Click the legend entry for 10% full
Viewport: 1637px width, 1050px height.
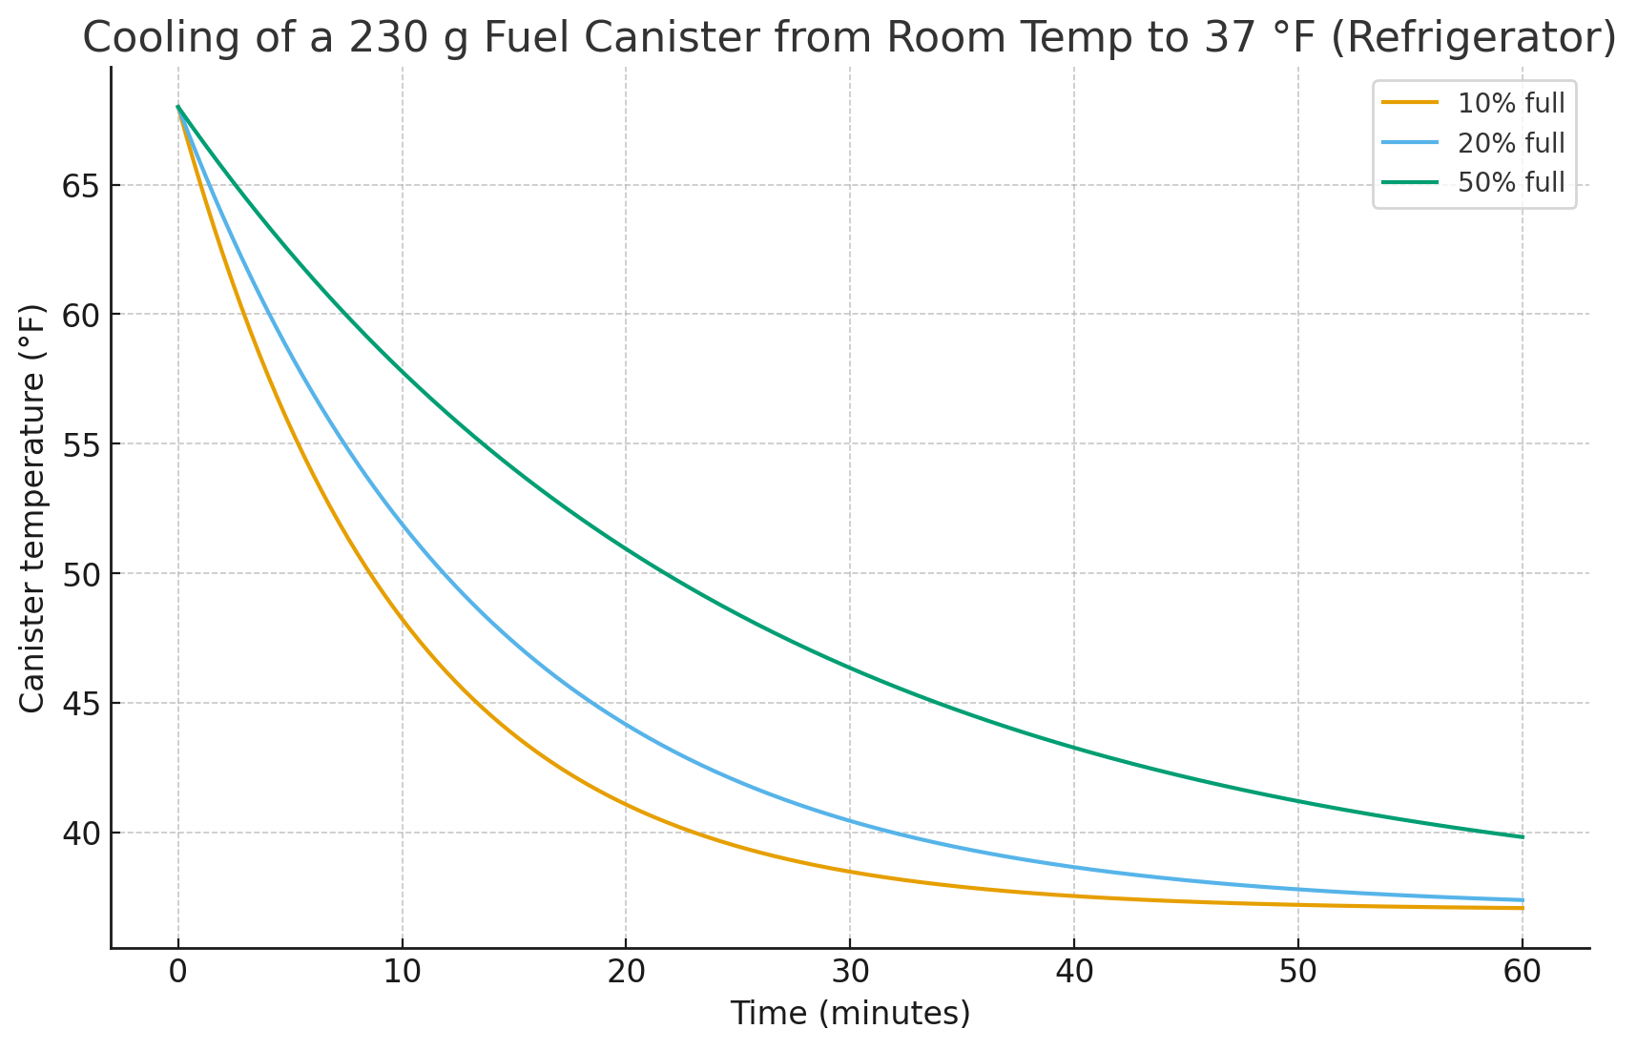click(x=1510, y=104)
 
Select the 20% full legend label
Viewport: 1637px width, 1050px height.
click(x=1510, y=143)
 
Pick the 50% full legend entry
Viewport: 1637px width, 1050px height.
click(x=1510, y=182)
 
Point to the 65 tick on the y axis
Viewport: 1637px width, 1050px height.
click(x=81, y=186)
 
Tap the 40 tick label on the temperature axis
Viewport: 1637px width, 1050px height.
click(x=81, y=834)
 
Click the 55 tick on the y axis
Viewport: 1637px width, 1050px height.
click(x=81, y=444)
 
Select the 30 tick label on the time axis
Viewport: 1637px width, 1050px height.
click(x=850, y=973)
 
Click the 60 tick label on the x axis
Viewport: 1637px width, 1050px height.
click(x=1522, y=973)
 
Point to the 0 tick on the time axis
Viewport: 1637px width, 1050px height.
click(x=178, y=973)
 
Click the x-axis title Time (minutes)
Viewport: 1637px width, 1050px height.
click(x=850, y=1013)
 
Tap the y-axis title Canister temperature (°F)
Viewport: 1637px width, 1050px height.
click(x=32, y=508)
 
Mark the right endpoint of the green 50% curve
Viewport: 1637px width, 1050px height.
click(x=1523, y=837)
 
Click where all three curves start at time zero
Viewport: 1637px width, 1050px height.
click(x=178, y=107)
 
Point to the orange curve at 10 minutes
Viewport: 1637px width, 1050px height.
click(x=403, y=620)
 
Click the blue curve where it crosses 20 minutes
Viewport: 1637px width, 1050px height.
click(x=626, y=725)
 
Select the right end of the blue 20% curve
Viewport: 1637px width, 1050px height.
click(x=1523, y=900)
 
